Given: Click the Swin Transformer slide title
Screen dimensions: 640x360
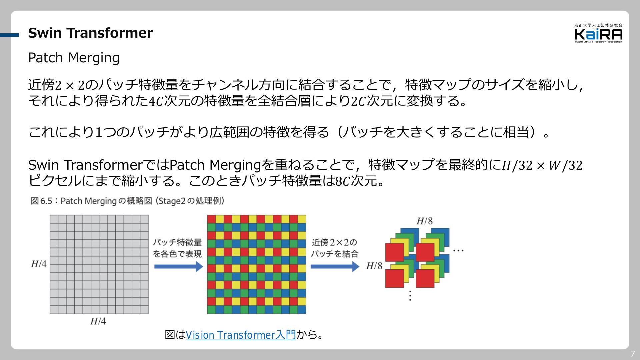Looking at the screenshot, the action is pos(90,33).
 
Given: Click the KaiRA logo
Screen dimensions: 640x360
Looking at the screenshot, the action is pos(598,33).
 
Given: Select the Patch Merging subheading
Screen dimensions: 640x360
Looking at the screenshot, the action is pos(74,58).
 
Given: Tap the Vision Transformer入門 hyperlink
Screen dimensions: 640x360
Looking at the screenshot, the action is pos(241,335).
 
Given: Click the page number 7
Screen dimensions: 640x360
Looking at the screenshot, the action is pos(633,354).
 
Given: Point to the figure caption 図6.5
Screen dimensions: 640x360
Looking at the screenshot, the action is pos(127,201).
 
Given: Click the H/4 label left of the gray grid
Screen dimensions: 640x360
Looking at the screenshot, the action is pos(39,264).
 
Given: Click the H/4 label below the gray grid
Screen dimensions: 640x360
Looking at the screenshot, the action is pos(98,321).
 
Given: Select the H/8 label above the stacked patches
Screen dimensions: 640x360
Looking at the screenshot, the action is pos(424,221).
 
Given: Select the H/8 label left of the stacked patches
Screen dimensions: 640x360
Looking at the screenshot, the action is pos(374,266).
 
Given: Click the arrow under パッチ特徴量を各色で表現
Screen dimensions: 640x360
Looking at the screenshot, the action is pos(179,266).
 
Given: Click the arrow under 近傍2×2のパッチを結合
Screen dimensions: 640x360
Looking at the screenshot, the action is pos(335,266).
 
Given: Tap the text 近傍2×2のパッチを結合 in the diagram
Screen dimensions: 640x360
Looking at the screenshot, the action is pos(334,248).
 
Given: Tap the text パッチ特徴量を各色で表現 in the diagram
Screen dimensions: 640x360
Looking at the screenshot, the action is pos(177,248).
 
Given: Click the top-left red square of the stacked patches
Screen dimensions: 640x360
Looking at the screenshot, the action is pos(395,252).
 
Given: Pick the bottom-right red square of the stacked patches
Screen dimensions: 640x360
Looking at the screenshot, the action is pos(425,278).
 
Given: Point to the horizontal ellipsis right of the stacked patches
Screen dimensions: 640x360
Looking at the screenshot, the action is pos(458,250).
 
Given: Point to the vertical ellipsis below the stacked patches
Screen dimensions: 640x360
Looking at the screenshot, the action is pos(410,295).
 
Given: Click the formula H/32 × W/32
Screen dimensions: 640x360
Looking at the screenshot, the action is pos(542,165).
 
